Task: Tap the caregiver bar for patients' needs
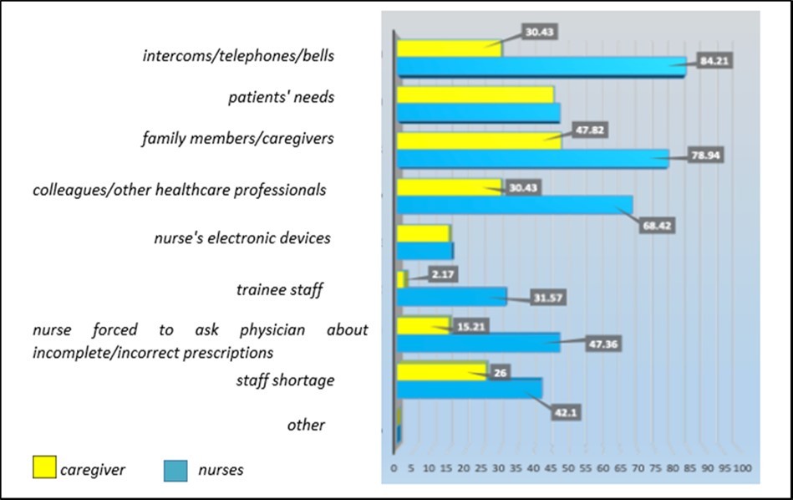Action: point(475,94)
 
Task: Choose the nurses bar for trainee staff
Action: point(451,296)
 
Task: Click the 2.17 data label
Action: point(441,273)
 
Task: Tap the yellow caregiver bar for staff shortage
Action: point(440,370)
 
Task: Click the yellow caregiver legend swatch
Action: point(43,467)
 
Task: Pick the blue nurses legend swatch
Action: point(176,469)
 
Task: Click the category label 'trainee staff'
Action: point(279,290)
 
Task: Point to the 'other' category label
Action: point(306,425)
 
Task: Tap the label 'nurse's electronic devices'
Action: point(242,238)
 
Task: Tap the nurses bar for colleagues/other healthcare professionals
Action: point(514,204)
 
